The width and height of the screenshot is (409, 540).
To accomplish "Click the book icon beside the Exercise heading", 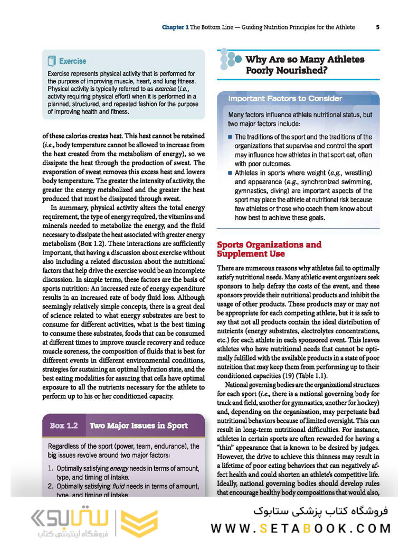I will coord(52,61).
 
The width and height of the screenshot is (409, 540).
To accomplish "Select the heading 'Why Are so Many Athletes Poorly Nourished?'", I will coord(305,65).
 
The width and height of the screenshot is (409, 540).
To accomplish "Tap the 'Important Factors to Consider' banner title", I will coord(285,99).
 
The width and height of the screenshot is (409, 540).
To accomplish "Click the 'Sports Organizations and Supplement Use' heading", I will coord(269,249).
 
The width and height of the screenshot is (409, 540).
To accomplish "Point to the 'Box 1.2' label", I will coord(64,425).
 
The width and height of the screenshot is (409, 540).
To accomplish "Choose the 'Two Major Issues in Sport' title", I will coord(138,425).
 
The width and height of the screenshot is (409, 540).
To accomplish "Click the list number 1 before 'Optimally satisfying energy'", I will coord(50,469).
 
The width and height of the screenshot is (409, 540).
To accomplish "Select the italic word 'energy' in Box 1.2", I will coord(120,469).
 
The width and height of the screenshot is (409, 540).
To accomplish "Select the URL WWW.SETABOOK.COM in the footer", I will coord(301,528).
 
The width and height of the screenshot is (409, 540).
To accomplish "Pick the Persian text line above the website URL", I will coord(321,510).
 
